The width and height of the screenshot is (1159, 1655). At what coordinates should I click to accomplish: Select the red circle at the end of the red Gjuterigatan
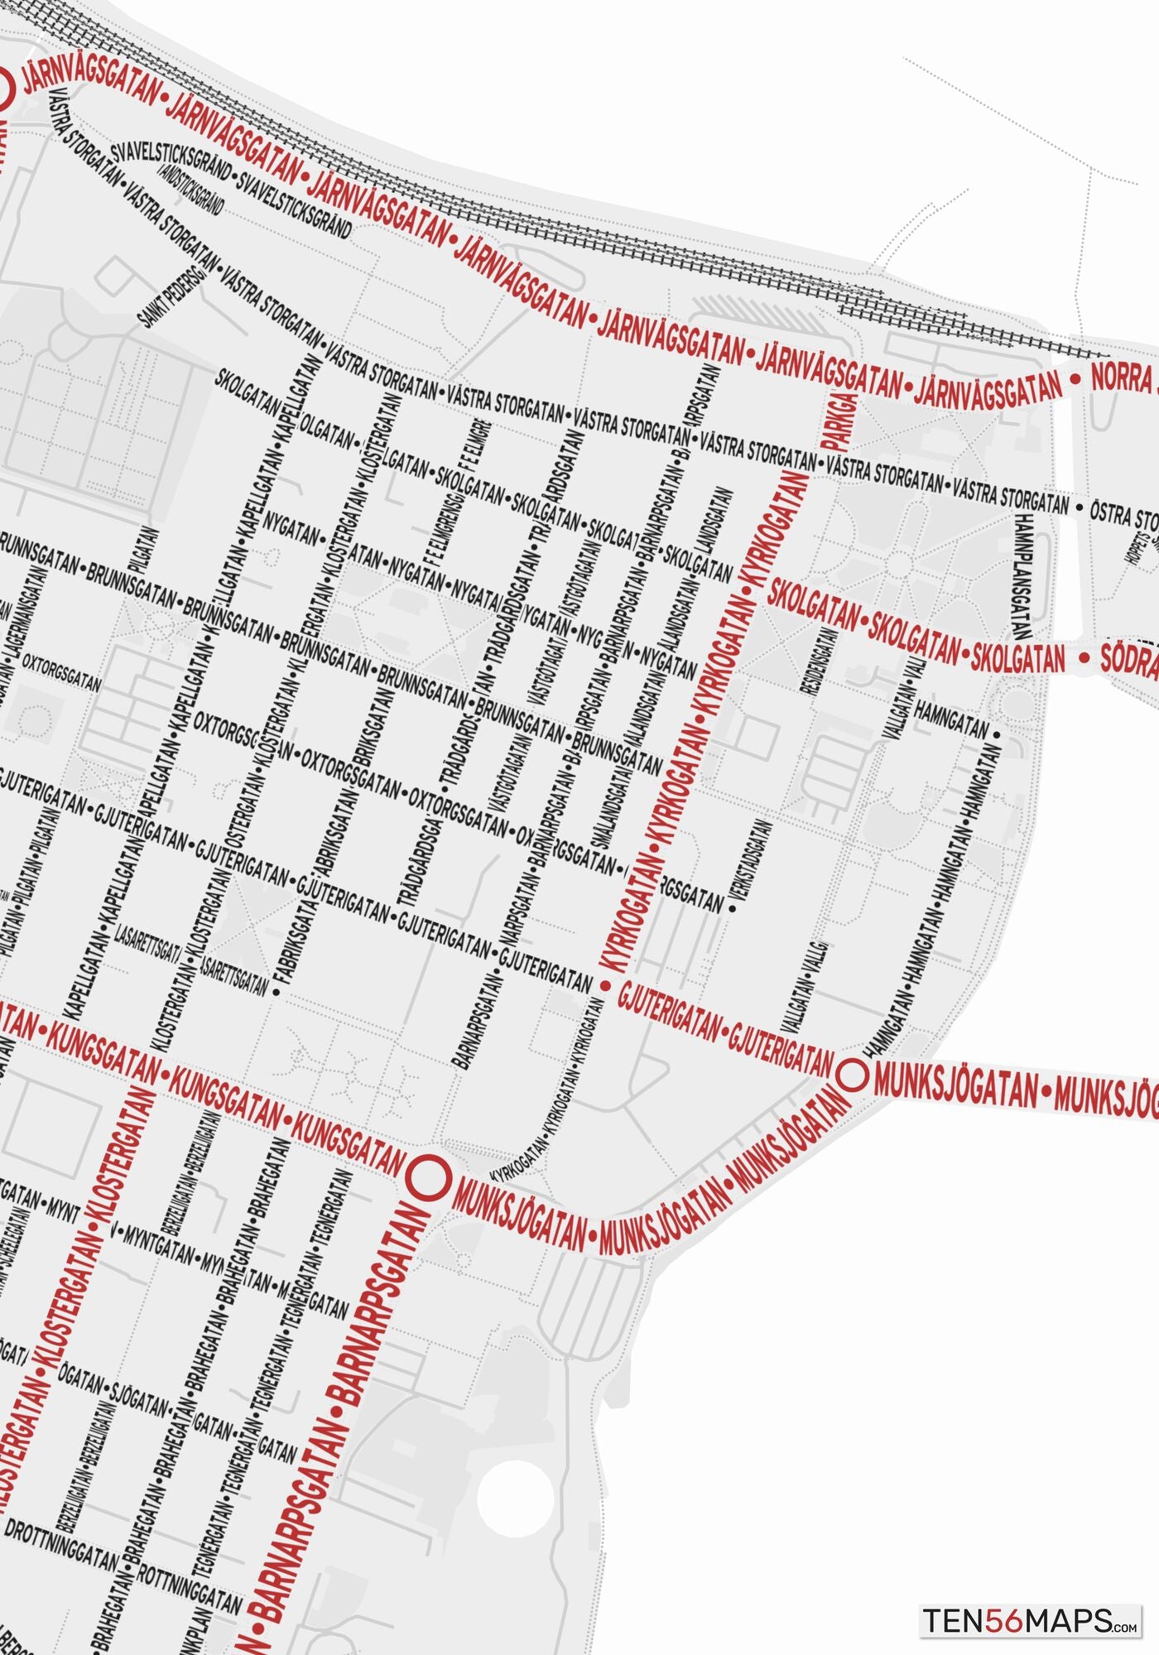(853, 1075)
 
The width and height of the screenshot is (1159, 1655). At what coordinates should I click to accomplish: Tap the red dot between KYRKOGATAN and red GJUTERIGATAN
(605, 986)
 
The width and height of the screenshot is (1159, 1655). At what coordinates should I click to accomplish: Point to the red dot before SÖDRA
(1084, 657)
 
